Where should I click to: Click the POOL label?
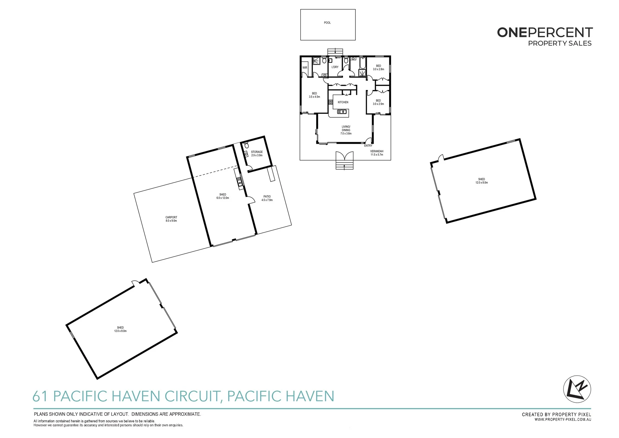pos(327,23)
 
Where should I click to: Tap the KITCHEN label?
pos(343,102)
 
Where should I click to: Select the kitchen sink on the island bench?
pos(341,112)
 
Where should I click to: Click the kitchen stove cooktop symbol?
pos(331,102)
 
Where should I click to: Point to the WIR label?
pos(305,68)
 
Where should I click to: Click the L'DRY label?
pos(335,67)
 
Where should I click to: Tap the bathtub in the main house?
pos(362,63)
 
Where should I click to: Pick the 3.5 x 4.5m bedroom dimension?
pos(314,97)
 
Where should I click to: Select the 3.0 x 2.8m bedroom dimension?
pos(379,69)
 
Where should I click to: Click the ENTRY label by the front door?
pos(368,146)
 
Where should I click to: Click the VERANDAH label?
pos(377,151)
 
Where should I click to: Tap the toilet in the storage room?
pos(247,145)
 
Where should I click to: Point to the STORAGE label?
pos(257,152)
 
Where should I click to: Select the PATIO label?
pos(267,196)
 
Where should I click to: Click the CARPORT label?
pos(171,217)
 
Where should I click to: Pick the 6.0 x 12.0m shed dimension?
pos(223,198)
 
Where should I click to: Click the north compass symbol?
pos(577,389)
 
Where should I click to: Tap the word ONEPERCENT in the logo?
pos(545,33)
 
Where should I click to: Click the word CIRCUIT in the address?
pos(193,396)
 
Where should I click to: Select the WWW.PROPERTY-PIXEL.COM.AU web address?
pos(563,420)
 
